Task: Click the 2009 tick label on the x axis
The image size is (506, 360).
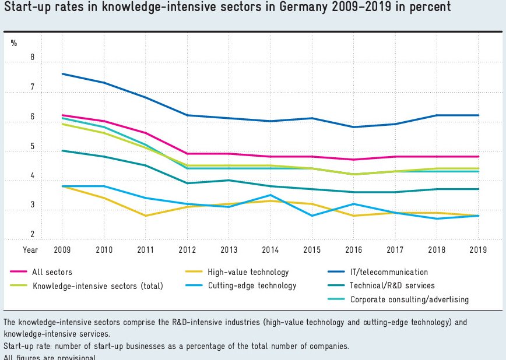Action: point(62,249)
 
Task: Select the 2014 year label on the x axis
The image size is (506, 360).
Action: point(270,249)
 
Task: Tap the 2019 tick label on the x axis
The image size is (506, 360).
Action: point(478,249)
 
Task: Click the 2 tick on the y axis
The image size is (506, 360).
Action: point(33,235)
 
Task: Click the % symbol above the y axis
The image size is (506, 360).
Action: point(14,43)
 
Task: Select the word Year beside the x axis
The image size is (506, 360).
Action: point(30,249)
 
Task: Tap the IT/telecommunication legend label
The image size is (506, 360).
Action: point(389,271)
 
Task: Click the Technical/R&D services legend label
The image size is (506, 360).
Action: point(392,285)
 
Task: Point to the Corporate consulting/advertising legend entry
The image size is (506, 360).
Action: point(409,299)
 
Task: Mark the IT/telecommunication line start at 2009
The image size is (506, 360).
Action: point(62,74)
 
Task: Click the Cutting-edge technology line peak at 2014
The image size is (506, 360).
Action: point(270,195)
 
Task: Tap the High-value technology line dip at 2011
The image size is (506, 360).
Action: point(145,216)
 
